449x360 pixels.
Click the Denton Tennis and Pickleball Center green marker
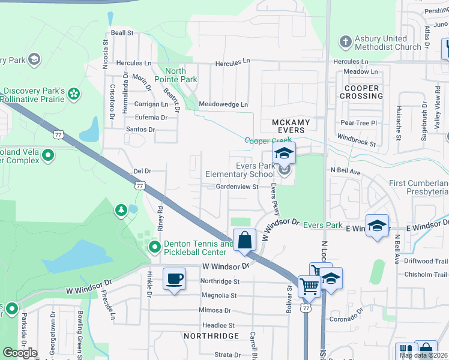154,247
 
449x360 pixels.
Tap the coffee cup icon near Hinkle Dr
174,279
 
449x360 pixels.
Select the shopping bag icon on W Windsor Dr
244,241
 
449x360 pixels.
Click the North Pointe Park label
175,75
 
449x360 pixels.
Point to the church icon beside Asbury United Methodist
345,42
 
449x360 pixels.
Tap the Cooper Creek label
267,140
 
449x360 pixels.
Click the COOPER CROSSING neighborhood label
361,92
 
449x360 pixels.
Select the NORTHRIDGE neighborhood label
212,336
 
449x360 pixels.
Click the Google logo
20,353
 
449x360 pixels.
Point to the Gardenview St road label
237,187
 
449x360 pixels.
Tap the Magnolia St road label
219,295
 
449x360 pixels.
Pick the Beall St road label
121,34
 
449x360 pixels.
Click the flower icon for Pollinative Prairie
74,94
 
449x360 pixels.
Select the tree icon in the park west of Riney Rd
121,209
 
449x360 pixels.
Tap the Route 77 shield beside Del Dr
140,186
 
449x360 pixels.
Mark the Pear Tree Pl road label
358,123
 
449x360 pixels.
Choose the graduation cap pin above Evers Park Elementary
285,152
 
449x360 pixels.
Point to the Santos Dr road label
140,130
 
